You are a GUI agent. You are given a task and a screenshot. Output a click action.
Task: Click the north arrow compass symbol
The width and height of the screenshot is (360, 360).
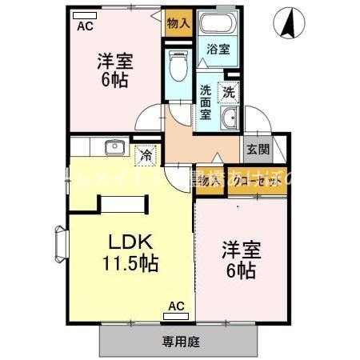click(x=290, y=23)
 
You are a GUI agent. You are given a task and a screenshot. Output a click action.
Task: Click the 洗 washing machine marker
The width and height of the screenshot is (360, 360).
click(x=229, y=91)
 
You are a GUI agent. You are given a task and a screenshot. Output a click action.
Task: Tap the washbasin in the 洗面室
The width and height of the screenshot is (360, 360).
click(x=229, y=120)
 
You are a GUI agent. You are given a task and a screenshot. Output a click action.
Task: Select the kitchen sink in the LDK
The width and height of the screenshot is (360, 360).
click(x=112, y=146)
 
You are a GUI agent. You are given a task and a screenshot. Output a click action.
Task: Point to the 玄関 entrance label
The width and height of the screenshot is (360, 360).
click(x=257, y=149)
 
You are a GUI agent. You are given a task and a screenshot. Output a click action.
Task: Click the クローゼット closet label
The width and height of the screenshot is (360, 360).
click(x=257, y=182)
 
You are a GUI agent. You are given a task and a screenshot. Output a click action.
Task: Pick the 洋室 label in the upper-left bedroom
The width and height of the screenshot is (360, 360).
click(x=115, y=61)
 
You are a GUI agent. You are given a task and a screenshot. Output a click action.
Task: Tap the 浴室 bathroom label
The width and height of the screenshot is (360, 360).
click(x=218, y=49)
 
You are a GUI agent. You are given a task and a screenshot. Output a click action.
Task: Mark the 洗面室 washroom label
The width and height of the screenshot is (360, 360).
click(x=206, y=102)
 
